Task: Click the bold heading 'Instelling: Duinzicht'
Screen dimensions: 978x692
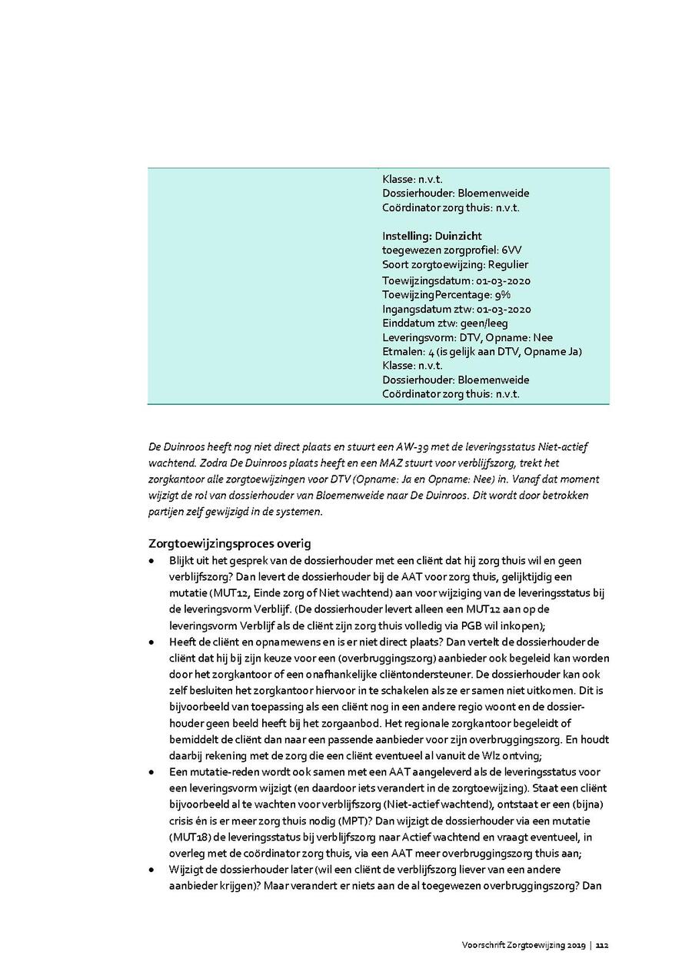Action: click(x=431, y=236)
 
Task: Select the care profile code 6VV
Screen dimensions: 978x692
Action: click(x=511, y=250)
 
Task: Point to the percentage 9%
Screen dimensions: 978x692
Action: click(x=503, y=294)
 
